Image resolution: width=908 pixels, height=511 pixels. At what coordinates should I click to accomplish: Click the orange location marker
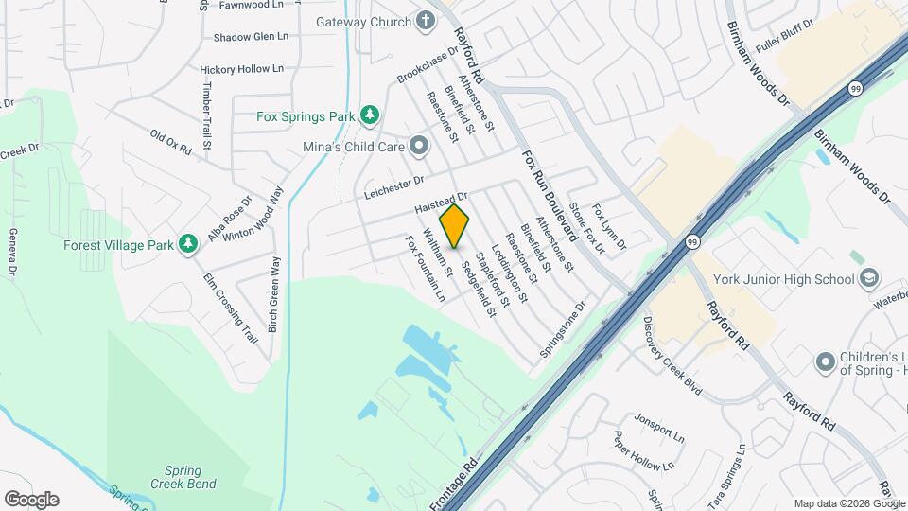455,225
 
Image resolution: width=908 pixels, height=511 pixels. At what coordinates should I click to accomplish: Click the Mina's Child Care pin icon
419,146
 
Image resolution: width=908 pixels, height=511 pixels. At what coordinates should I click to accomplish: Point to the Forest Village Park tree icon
188,244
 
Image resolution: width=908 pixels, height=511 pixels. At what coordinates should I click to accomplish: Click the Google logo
31,500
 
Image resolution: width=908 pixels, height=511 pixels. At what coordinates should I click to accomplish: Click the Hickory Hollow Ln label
242,69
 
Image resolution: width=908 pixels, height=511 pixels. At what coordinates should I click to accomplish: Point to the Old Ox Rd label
171,142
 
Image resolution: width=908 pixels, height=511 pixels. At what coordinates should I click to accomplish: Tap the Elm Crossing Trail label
232,308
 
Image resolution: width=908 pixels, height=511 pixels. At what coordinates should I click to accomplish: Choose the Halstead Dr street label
442,201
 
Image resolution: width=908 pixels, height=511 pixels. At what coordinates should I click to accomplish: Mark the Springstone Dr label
564,328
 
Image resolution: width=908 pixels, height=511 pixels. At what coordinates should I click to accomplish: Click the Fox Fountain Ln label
426,270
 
